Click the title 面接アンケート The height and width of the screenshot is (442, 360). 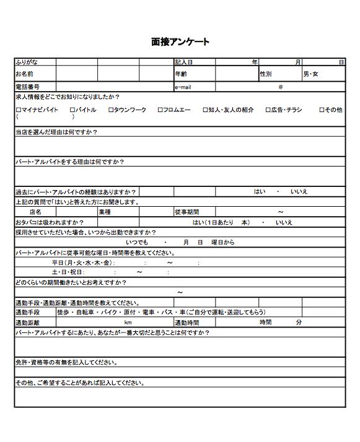coord(180,42)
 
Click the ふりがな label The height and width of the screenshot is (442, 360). coord(28,62)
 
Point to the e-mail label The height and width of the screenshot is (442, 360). coord(184,87)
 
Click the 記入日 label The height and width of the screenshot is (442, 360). coord(184,62)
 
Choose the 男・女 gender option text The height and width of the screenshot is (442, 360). coord(310,74)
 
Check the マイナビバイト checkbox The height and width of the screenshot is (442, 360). coord(19,110)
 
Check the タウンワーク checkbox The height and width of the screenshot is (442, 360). coord(111,110)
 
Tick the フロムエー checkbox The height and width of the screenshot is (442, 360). coord(160,110)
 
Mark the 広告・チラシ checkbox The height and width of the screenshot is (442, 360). coord(268,110)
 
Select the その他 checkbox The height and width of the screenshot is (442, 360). coord(322,110)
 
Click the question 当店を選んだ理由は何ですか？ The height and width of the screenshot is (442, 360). coord(56,132)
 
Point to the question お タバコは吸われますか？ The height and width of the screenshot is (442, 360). coord(49,222)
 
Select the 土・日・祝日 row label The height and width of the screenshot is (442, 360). coord(68,272)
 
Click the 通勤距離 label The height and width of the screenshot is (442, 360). coord(27,323)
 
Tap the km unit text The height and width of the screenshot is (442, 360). coord(128,323)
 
